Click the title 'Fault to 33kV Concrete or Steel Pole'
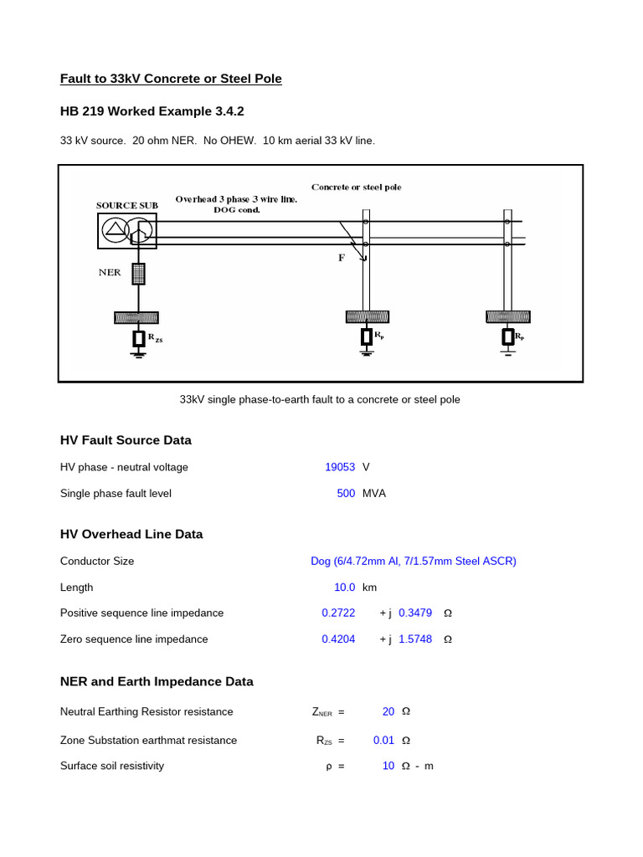(171, 79)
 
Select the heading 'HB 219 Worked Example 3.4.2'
(152, 111)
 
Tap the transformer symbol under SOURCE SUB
(126, 230)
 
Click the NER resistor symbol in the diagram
(139, 273)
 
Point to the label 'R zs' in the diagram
(156, 338)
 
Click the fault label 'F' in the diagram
(342, 259)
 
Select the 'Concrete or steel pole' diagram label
(356, 187)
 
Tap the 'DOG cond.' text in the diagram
(237, 209)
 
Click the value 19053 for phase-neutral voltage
(340, 467)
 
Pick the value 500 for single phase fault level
(346, 494)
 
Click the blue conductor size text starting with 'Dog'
(413, 562)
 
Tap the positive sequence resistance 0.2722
(338, 613)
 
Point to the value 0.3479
(415, 613)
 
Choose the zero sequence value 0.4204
(338, 639)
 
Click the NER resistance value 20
(388, 712)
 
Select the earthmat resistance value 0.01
(383, 741)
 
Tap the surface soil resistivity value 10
(388, 767)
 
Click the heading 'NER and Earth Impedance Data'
(157, 682)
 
